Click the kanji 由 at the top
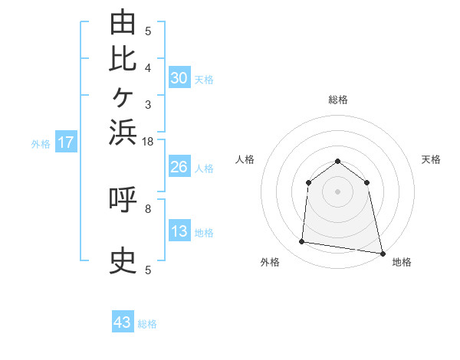coord(123,21)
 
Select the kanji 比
coord(123,59)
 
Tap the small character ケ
coord(123,97)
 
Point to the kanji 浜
coord(123,133)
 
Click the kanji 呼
coord(123,199)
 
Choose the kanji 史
coord(123,260)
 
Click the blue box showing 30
coord(179,77)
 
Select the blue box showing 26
coord(179,166)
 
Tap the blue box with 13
coord(179,230)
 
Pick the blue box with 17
coord(66,141)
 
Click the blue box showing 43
coord(123,321)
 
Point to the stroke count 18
coord(147,142)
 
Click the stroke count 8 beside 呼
coord(148,209)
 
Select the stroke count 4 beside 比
coord(148,68)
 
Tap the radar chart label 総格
coord(338,100)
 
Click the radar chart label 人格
coord(245,159)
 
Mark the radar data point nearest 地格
coord(383,254)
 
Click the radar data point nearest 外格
coord(301,241)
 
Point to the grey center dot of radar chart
coord(337,191)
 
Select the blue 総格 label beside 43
coord(147,324)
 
